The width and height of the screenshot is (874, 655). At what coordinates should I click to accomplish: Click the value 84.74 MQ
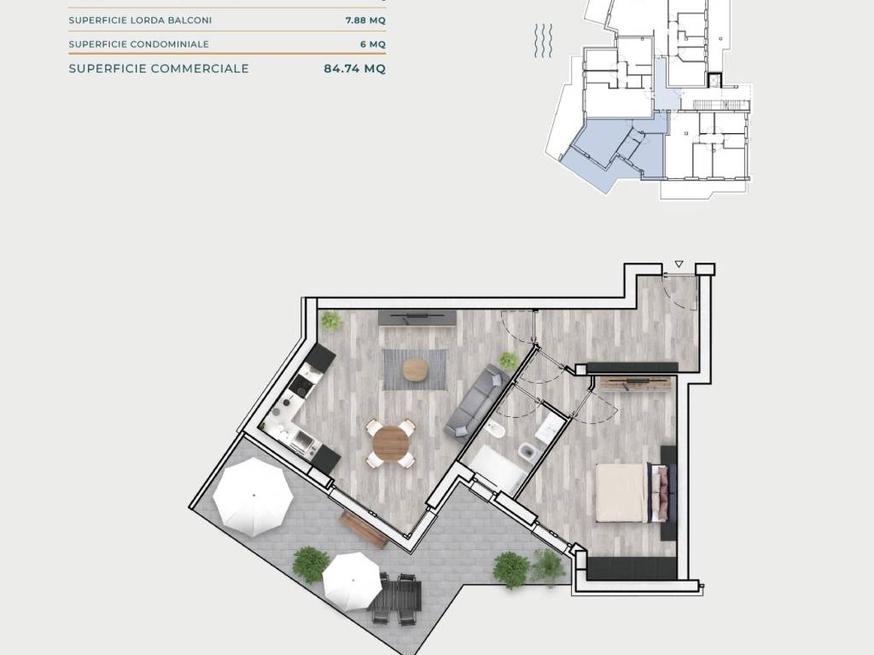[x=354, y=68]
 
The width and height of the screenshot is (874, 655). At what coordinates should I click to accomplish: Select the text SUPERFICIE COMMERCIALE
[x=159, y=68]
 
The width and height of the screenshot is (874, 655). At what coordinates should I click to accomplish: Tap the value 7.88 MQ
[x=365, y=20]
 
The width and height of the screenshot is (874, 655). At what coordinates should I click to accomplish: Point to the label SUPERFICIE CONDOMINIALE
[x=139, y=44]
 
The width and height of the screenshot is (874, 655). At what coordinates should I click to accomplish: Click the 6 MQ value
[x=373, y=44]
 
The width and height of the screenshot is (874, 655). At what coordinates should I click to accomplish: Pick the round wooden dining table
[x=391, y=443]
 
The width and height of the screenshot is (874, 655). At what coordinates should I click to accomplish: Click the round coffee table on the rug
[x=416, y=369]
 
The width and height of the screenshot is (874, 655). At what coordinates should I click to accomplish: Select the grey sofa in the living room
[x=476, y=401]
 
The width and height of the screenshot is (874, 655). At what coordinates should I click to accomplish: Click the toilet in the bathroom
[x=526, y=450]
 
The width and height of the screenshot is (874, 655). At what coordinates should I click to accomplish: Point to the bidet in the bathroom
[x=498, y=431]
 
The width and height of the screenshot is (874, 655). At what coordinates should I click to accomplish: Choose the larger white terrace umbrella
[x=253, y=497]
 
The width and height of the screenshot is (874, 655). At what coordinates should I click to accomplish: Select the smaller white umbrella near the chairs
[x=352, y=582]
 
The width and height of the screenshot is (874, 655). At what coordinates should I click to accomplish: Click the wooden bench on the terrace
[x=364, y=529]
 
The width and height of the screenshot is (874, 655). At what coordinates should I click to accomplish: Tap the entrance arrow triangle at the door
[x=679, y=264]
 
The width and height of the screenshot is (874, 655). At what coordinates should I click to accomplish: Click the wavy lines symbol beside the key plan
[x=544, y=41]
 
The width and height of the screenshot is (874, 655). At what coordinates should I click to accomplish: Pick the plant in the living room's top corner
[x=331, y=321]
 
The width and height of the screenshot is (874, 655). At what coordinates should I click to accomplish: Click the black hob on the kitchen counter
[x=302, y=383]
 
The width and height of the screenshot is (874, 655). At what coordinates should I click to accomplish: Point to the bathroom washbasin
[x=549, y=426]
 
